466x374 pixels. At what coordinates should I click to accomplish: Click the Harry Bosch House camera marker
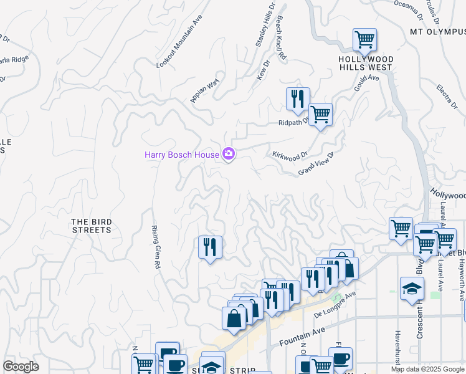(229, 154)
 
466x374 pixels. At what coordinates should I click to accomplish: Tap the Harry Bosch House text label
(182, 155)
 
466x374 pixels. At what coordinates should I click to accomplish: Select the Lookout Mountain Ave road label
(179, 42)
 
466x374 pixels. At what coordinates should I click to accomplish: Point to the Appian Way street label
(205, 91)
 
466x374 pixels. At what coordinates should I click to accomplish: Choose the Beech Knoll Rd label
(281, 38)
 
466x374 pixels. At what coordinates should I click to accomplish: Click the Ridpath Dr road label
(293, 123)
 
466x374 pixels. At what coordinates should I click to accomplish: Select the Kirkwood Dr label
(290, 155)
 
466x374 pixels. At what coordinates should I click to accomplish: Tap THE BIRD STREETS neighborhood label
(91, 226)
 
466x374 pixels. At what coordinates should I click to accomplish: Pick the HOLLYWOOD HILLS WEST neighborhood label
(366, 62)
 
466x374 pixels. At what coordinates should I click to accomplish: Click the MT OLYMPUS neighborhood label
(437, 31)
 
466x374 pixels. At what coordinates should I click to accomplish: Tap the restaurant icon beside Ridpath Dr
(298, 98)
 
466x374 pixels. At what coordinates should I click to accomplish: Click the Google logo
(21, 366)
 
